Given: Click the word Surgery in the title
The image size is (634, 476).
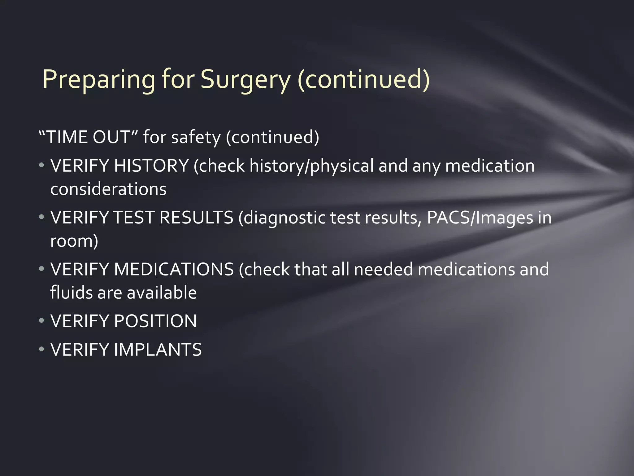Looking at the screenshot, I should pos(245,79).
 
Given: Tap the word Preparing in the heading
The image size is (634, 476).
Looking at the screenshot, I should pos(99,79).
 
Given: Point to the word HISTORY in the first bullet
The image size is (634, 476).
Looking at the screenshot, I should pos(151,165).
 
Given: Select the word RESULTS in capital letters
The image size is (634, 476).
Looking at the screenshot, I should pos(196,217).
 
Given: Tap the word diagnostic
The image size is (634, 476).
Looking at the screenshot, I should pos(284,217).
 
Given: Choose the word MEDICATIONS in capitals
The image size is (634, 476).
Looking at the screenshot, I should pos(174,269).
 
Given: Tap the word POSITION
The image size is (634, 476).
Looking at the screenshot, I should pos(155,321).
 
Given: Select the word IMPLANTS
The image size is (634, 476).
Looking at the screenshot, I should pos(158,349).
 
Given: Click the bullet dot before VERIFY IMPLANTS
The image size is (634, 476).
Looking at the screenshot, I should pos(41,350).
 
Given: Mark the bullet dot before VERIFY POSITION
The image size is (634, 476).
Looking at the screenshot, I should pos(41,321).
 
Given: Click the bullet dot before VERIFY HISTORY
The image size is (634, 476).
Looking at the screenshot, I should pos(41,166).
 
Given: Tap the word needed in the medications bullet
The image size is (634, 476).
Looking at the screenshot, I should pos(383,269).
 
